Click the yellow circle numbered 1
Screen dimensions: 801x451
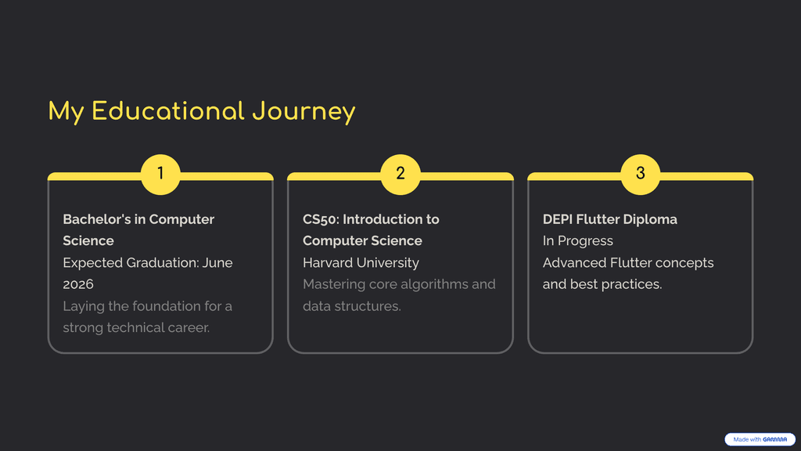click(160, 175)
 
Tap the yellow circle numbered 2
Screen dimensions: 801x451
click(400, 175)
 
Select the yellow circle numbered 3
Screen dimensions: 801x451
click(640, 175)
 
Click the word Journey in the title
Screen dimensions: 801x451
click(304, 112)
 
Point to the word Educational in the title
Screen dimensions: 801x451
click(168, 111)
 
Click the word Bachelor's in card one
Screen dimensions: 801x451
click(95, 219)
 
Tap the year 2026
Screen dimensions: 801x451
click(78, 284)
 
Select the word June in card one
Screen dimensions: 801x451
click(217, 263)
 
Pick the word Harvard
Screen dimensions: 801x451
click(327, 263)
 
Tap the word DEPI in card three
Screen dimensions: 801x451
click(557, 219)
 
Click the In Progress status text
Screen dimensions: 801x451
click(578, 241)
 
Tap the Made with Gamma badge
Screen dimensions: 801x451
click(760, 439)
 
